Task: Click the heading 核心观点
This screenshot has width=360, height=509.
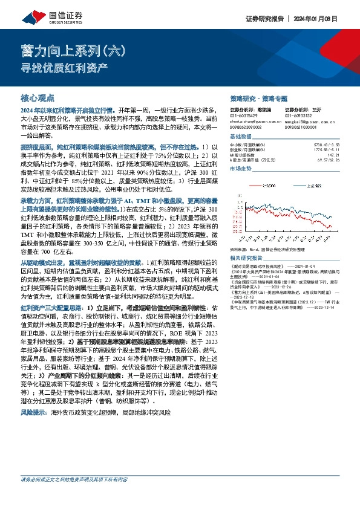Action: tap(38, 97)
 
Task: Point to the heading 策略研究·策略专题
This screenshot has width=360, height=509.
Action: tap(258, 97)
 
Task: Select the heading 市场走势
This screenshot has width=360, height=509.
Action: tap(242, 169)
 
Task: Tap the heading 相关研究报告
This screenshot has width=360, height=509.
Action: tap(246, 257)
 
